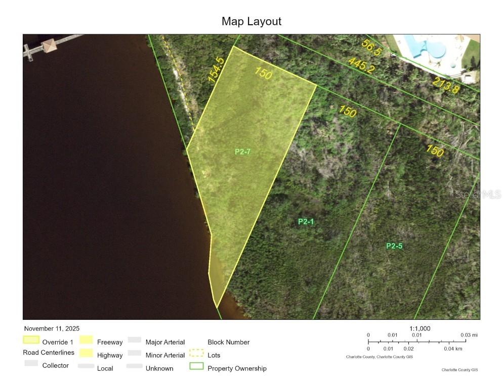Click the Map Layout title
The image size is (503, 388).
252,21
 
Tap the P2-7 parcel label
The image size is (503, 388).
243,152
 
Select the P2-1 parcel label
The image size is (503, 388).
306,221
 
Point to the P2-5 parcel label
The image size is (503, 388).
394,246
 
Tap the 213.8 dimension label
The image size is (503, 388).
445,86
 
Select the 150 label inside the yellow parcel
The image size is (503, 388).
264,73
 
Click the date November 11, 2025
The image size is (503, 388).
52,329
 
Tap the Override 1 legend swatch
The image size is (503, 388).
31,340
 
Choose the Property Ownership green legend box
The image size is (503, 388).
196,367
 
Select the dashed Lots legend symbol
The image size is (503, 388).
196,354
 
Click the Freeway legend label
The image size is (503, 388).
110,342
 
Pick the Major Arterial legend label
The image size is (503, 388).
165,342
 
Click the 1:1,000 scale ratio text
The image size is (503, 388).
420,328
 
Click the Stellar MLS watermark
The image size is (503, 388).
478,194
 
